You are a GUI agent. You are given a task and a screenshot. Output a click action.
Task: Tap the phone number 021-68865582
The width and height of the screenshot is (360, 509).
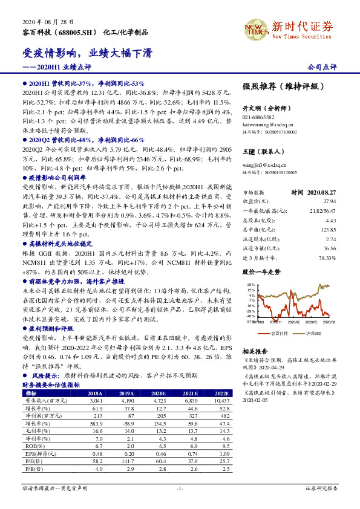click(258, 117)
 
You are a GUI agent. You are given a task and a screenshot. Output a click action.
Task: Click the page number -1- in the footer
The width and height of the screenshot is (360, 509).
click(180, 488)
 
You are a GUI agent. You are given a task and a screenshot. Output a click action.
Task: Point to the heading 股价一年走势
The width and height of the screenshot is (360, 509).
click(262, 272)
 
